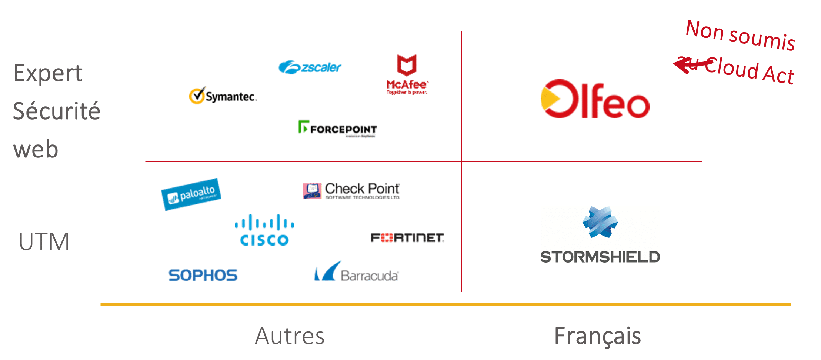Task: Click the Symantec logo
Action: (x=223, y=95)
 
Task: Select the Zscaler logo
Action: (x=310, y=67)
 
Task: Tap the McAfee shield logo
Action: (x=407, y=65)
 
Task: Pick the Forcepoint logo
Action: (x=338, y=129)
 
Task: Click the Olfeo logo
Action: (x=595, y=99)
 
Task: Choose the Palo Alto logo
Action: (x=191, y=194)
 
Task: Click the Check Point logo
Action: (x=351, y=191)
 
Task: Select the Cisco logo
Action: (x=264, y=230)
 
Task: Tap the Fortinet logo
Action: (x=407, y=238)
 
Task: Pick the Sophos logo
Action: (x=203, y=275)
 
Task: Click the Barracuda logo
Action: (x=357, y=272)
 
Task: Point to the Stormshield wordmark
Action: (x=600, y=257)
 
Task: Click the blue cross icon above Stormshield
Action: (x=600, y=222)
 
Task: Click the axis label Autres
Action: (x=290, y=336)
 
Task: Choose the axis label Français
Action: (x=597, y=336)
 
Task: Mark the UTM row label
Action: (x=44, y=242)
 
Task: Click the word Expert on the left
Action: (x=48, y=73)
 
